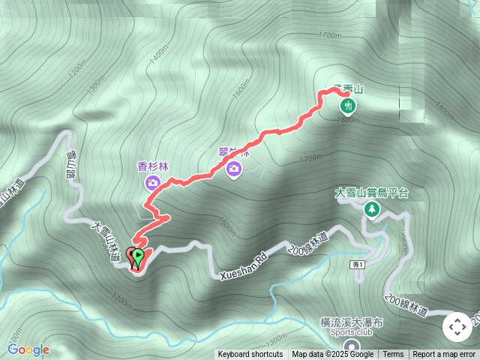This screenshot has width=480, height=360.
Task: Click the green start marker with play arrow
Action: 137,258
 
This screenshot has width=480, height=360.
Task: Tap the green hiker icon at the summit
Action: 347,106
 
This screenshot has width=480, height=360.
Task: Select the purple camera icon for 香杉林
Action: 152,182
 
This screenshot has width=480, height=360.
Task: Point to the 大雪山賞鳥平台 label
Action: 371,193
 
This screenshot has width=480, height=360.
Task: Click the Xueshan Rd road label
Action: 244,267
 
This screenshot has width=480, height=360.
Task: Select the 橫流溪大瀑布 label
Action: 352,322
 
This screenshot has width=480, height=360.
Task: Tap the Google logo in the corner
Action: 28,349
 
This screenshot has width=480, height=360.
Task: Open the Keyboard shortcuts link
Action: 250,355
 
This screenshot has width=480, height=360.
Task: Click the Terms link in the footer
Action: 393,355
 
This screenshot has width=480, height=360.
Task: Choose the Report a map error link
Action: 444,355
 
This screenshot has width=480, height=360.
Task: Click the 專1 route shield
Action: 357,265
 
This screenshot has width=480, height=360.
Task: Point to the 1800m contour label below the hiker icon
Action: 347,121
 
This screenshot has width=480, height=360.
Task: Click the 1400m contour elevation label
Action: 160,54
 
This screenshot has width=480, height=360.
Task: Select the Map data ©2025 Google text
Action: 332,355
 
